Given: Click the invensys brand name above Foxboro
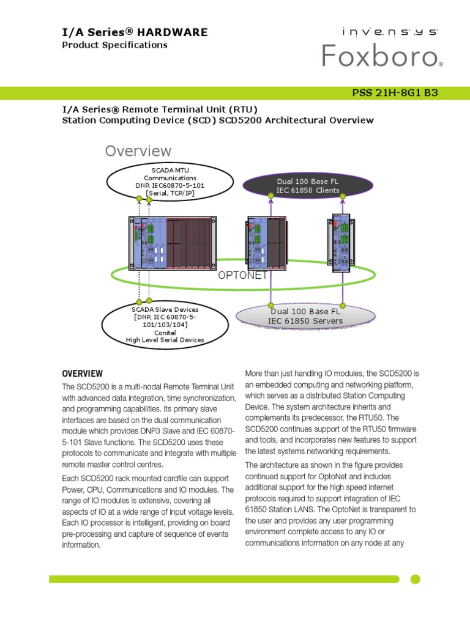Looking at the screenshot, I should pos(381,31).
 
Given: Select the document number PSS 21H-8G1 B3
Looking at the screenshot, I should pos(395,93).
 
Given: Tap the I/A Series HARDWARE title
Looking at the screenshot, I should pos(135,32).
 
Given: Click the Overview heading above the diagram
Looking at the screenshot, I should pos(138,150).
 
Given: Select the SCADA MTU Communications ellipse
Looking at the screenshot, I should pos(170,181).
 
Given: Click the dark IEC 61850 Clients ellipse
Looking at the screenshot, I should pos(307,186).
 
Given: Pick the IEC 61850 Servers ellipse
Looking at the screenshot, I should pos(305,316).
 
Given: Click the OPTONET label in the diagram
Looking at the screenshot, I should pos(243,275).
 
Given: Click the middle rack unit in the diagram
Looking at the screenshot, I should pos(266,243).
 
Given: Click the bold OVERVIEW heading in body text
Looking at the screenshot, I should pos(83,374).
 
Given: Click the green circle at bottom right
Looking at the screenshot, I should pos(415,579).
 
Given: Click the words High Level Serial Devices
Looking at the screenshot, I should pos(165,340).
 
